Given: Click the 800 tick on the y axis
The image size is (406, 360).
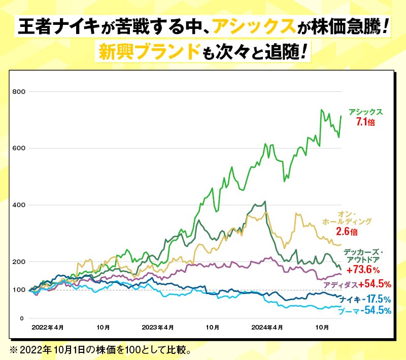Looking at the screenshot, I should pos(19,91).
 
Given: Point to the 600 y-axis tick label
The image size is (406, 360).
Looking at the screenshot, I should pos(19,148).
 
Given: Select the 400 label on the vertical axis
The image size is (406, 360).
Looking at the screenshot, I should pos(19,205).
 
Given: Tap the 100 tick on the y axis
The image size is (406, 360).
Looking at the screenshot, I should pos(19,290).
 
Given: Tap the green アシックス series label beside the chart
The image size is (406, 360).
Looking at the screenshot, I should pos(365,112).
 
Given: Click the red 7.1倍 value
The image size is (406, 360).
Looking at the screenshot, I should pos(365,122).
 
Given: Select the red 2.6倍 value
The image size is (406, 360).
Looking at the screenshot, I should pos(347,232).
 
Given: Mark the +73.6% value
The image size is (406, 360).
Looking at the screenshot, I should pos(363,269).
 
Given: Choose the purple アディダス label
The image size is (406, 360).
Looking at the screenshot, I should pos(341,284).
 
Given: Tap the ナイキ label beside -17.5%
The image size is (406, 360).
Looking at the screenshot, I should pos(350,299).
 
